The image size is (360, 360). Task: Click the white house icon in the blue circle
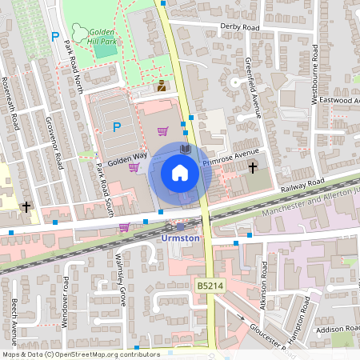[180, 172]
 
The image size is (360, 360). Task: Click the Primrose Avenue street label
[234, 156]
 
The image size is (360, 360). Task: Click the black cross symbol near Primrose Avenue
[254, 168]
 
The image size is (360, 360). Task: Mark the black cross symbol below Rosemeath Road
[26, 207]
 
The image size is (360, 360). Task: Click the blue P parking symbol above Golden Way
[117, 126]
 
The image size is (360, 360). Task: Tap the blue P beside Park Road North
[54, 36]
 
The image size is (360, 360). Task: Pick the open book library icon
[186, 149]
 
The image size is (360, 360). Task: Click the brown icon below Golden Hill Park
[161, 86]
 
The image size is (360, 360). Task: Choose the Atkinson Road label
[265, 283]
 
